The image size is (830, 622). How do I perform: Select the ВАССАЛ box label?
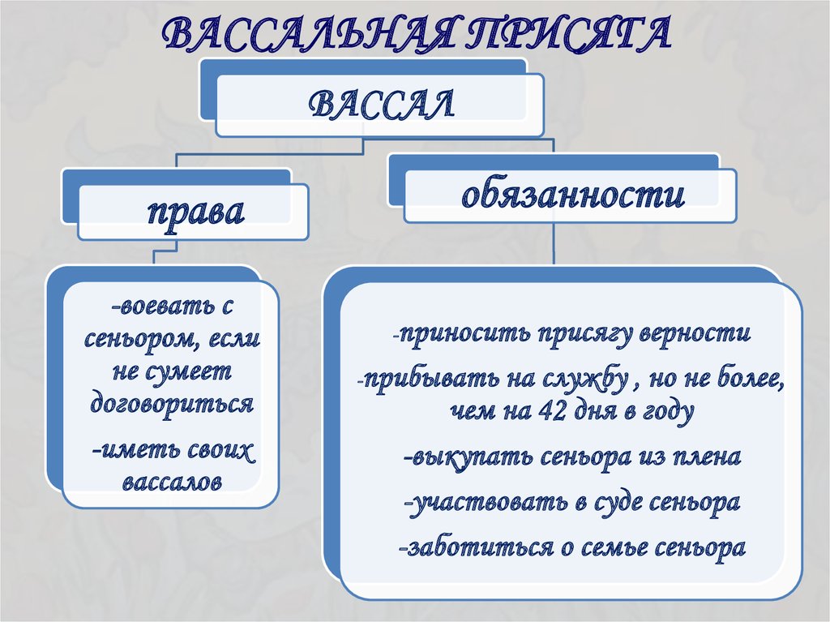381,104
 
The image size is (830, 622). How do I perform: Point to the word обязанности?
573,195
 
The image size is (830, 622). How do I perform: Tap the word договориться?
172,405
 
